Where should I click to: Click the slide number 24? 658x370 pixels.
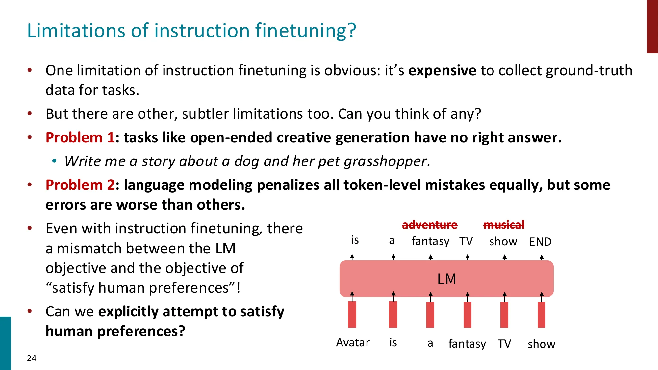pos(32,358)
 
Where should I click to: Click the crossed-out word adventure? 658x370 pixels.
pos(429,225)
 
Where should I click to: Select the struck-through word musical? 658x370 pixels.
pos(503,225)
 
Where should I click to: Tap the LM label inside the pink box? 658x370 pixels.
pos(446,279)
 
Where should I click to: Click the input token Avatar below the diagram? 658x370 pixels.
pos(353,343)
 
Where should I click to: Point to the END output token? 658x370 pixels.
pos(540,242)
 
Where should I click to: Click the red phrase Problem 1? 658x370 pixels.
pos(80,137)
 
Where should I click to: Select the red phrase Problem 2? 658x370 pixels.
pos(80,185)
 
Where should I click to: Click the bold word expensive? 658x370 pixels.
pos(442,71)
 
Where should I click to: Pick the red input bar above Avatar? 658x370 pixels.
pos(352,314)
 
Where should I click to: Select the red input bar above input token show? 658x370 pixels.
pos(541,314)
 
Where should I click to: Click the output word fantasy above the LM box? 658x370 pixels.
pos(430,241)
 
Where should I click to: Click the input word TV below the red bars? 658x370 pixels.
pos(504,344)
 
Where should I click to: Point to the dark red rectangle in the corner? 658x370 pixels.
pos(652,26)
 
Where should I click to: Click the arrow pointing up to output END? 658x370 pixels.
pos(542,257)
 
